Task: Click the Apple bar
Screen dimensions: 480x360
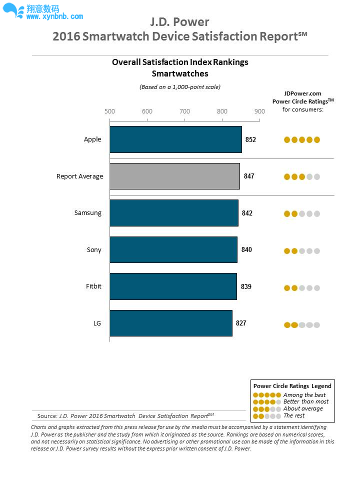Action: tap(175, 139)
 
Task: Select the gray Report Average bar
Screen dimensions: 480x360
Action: tap(174, 176)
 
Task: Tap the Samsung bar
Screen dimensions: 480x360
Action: tap(174, 213)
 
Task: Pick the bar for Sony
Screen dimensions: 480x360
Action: tap(173, 249)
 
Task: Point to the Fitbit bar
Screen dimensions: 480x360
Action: tap(173, 286)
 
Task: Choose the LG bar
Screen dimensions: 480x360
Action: tap(171, 323)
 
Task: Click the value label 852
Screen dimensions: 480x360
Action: tap(250, 139)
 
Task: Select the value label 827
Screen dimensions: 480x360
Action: tap(241, 323)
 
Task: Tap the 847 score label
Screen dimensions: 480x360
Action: tap(249, 176)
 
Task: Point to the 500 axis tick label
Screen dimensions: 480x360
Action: tap(109, 111)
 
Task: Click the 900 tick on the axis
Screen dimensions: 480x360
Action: tap(259, 111)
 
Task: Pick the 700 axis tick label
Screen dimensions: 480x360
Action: tap(184, 111)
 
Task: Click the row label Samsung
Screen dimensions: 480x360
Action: tap(88, 213)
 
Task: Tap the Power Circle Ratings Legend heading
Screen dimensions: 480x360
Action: tap(292, 386)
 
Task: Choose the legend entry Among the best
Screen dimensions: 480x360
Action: tap(304, 395)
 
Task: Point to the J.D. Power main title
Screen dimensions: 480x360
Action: tap(180, 22)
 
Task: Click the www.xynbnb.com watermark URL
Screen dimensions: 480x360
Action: tap(54, 16)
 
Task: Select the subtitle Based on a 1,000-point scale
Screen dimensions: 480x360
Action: tap(180, 87)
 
